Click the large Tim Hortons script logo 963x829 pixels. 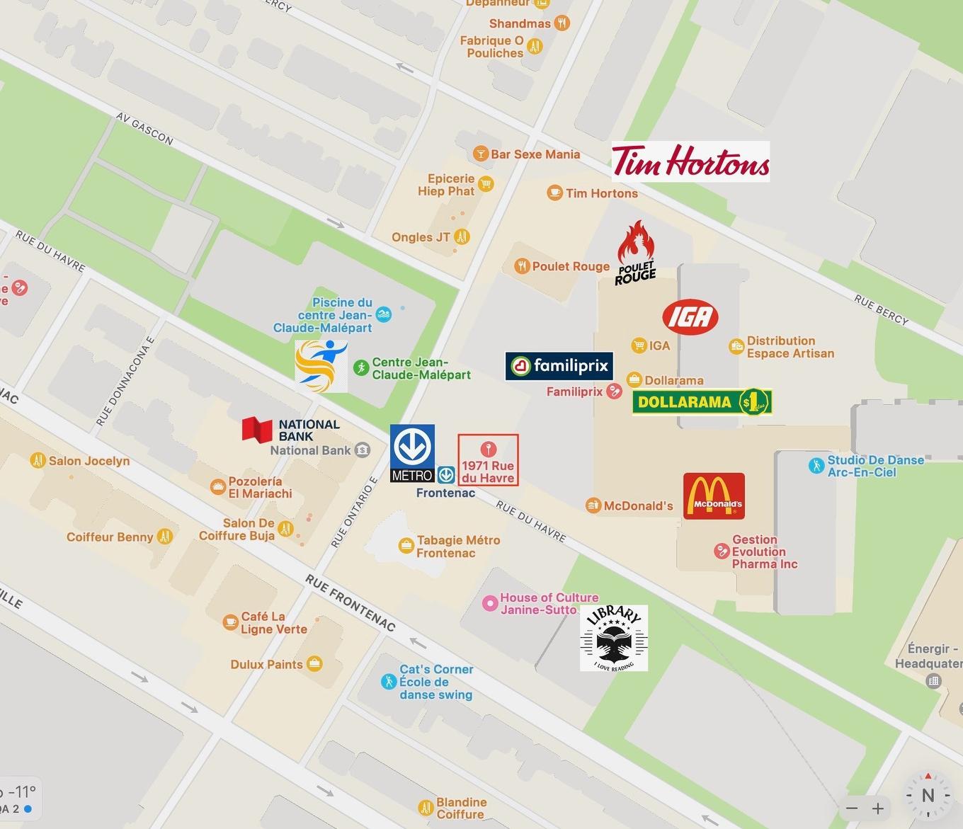click(x=690, y=161)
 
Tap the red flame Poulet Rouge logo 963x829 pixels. click(x=636, y=253)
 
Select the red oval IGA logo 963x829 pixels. click(x=690, y=317)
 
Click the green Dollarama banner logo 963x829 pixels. click(x=701, y=402)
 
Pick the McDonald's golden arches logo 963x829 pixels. click(x=714, y=496)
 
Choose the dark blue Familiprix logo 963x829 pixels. click(x=559, y=366)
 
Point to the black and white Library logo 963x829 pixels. click(x=613, y=638)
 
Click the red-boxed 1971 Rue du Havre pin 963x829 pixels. click(x=488, y=459)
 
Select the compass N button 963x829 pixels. click(x=928, y=795)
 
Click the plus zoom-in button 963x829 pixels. click(x=878, y=808)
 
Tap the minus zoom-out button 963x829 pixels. click(x=852, y=808)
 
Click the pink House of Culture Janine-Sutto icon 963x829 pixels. click(x=489, y=603)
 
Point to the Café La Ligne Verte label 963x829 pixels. click(x=273, y=623)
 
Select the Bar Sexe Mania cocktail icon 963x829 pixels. click(x=480, y=154)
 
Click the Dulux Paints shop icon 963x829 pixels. click(x=314, y=664)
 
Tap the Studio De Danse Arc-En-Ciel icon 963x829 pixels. click(x=816, y=466)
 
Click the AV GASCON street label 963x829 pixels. click(x=144, y=129)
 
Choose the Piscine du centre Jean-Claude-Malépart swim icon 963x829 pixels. click(x=384, y=314)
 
